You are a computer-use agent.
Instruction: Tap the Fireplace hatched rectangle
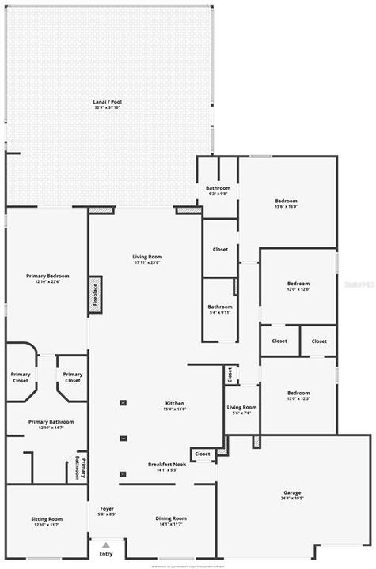coord(95,294)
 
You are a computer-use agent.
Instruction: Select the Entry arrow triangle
coord(105,544)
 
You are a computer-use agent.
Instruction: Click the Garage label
coord(292,493)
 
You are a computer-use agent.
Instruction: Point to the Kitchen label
coord(174,404)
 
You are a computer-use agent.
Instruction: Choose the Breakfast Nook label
coord(166,464)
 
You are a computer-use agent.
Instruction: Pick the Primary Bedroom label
coord(47,277)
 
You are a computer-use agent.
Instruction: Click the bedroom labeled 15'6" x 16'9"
coord(286,203)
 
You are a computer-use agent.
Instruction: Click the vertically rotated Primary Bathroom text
coord(78,468)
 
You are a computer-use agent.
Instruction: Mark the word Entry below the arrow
coord(105,554)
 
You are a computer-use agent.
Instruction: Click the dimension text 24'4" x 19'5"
coord(292,499)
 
